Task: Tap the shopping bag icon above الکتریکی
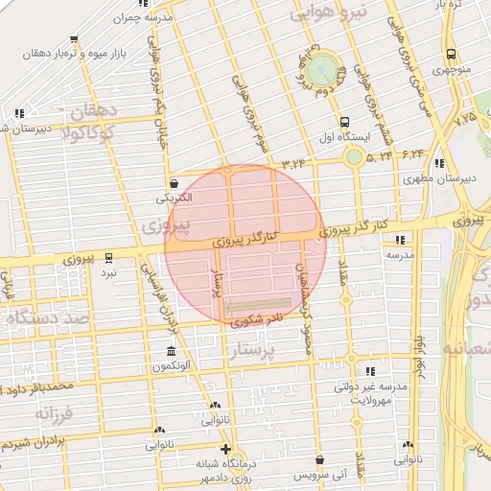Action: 173,183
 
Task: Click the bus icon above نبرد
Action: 108,257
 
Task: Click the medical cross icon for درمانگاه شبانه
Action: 225,449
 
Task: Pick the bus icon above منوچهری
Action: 450,55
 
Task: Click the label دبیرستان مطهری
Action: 429,178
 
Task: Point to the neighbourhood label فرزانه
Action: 54,413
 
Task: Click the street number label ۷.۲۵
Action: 466,119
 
